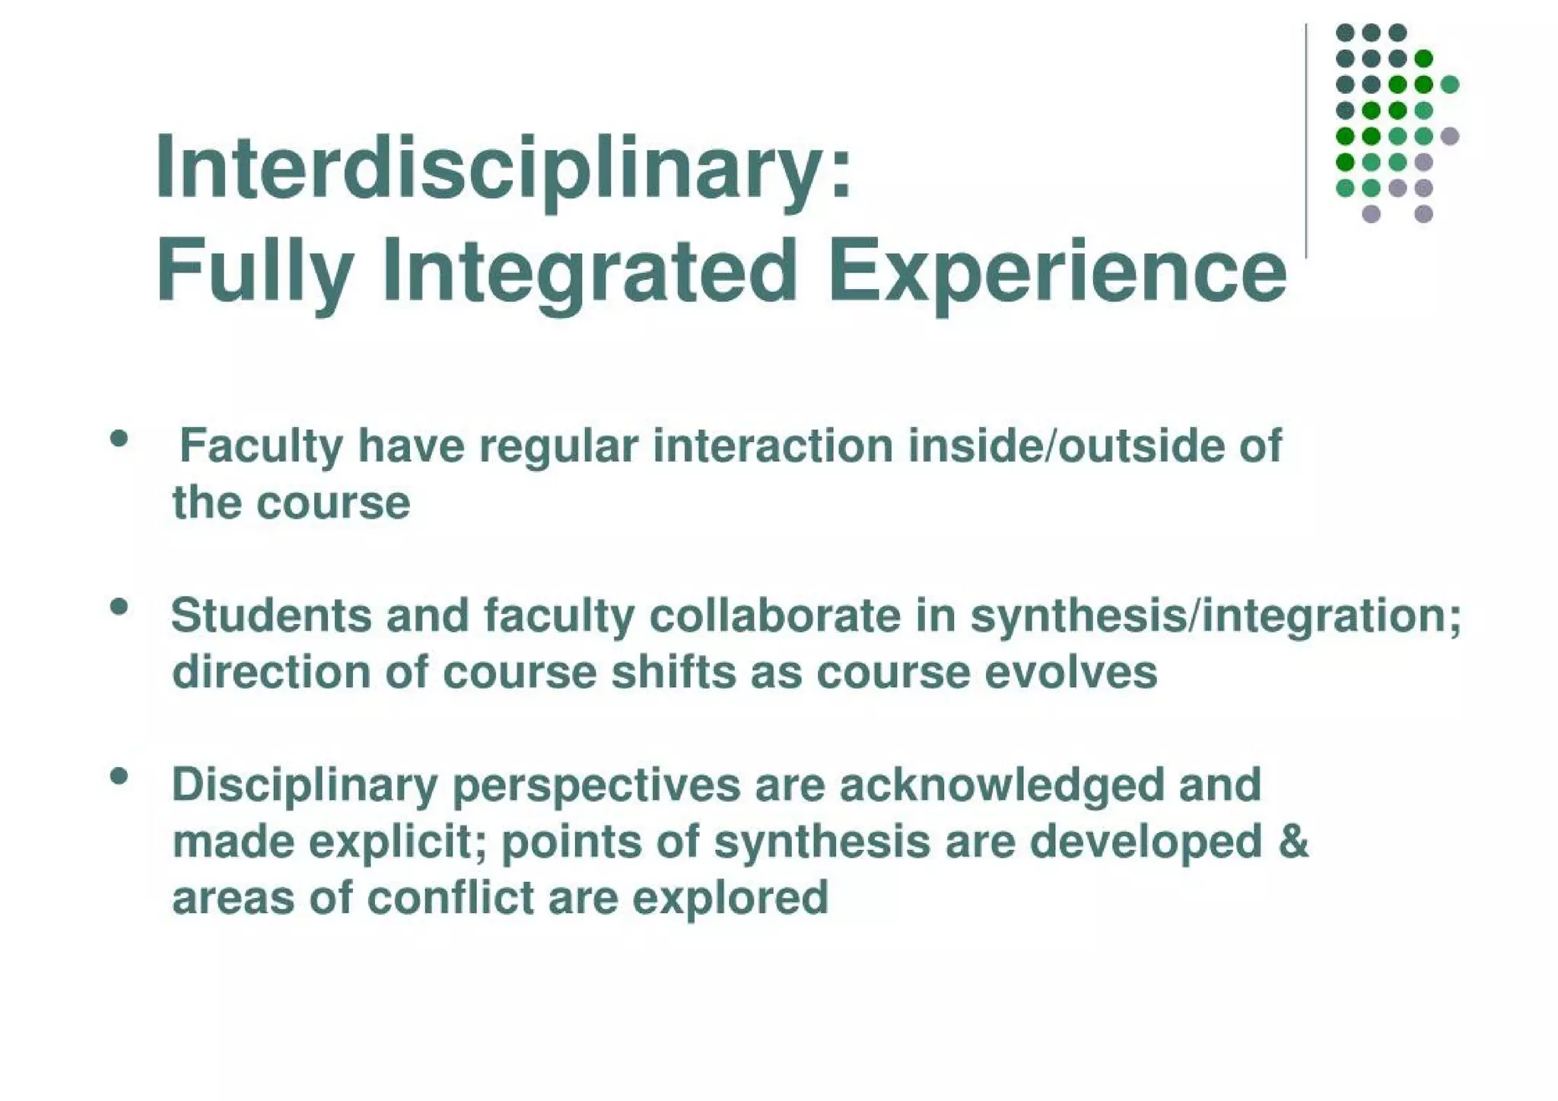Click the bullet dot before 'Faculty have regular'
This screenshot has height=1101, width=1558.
(x=119, y=438)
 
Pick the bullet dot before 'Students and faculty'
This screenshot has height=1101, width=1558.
(x=119, y=607)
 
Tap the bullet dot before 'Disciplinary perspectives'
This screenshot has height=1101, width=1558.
(x=119, y=777)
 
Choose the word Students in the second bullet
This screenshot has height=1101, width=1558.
(x=271, y=615)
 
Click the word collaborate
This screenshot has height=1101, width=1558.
(x=774, y=615)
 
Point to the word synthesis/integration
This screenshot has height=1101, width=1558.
(x=1215, y=616)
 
